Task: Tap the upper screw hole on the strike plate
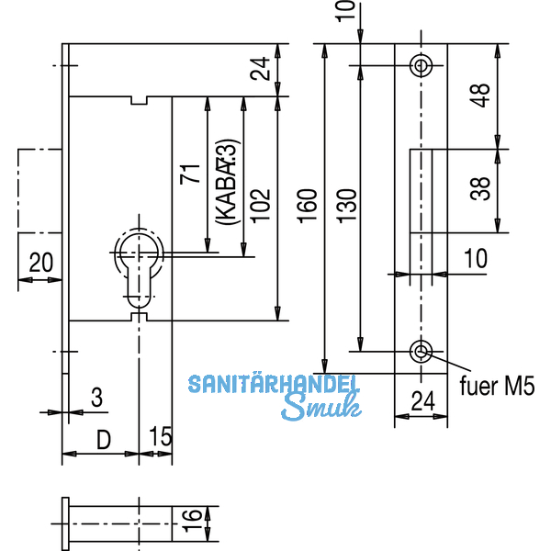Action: tap(422, 65)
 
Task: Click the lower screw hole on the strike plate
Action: tap(422, 351)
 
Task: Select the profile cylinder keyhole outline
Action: tap(139, 262)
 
